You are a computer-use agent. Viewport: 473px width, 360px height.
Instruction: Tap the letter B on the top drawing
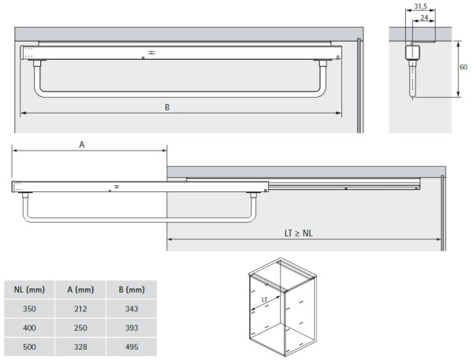pyautogui.click(x=167, y=107)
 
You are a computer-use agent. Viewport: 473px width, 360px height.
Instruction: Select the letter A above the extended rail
pyautogui.click(x=82, y=145)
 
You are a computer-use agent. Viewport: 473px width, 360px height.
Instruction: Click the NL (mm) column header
pyautogui.click(x=28, y=289)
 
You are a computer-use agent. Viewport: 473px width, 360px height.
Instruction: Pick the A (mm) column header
pyautogui.click(x=80, y=289)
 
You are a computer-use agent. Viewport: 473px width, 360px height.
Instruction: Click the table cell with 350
pyautogui.click(x=28, y=309)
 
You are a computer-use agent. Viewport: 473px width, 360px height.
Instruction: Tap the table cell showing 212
pyautogui.click(x=80, y=309)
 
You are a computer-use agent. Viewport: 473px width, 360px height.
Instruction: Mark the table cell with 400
pyautogui.click(x=28, y=327)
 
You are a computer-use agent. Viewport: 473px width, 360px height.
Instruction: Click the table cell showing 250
pyautogui.click(x=80, y=327)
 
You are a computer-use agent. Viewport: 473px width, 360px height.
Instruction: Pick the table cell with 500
pyautogui.click(x=28, y=345)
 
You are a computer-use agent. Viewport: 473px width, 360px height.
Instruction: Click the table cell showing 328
pyautogui.click(x=80, y=345)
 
